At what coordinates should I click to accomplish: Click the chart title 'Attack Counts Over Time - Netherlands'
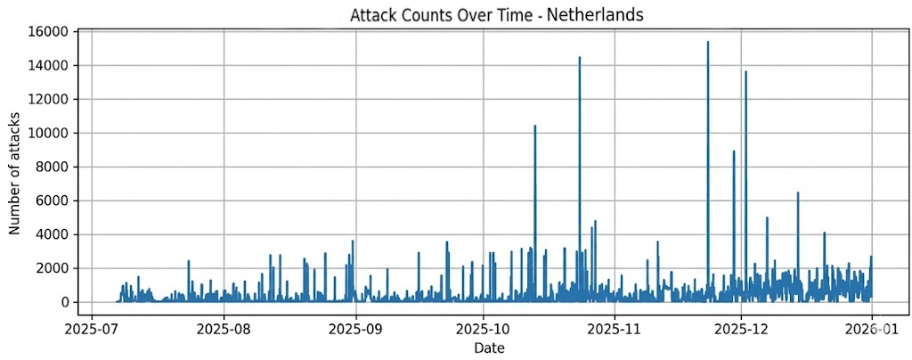[x=498, y=15]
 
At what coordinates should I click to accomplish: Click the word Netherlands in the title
[x=603, y=15]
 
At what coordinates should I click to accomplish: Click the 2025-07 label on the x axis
[x=92, y=327]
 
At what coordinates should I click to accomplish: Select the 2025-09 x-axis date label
[x=356, y=327]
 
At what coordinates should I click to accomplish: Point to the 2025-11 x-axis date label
[x=615, y=327]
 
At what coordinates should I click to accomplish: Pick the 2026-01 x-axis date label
[x=871, y=327]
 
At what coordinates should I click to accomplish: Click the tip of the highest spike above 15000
[x=708, y=42]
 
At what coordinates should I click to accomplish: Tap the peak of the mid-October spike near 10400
[x=535, y=126]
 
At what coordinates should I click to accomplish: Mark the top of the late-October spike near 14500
[x=580, y=58]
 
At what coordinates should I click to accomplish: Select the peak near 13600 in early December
[x=745, y=71]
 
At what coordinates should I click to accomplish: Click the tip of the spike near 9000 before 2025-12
[x=734, y=151]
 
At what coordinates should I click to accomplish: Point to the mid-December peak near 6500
[x=798, y=192]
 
